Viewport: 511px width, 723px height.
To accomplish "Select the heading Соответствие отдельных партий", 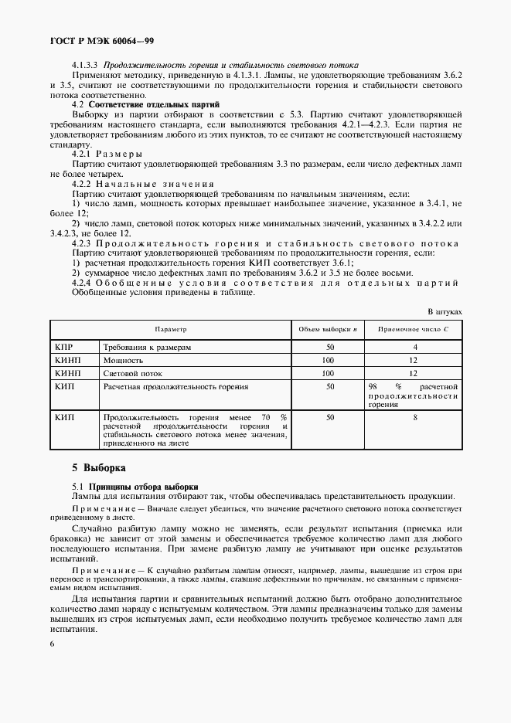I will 155,104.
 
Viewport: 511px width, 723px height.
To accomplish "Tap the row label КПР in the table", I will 65,348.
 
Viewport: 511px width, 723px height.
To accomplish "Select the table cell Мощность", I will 123,360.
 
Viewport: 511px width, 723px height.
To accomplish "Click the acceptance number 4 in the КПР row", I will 414,348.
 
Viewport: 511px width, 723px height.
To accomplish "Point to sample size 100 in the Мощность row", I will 329,360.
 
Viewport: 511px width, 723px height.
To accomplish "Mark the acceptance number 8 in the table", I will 414,416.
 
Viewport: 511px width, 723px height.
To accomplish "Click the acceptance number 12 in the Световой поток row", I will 414,372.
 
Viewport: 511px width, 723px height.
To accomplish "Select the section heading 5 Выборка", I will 98,467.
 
